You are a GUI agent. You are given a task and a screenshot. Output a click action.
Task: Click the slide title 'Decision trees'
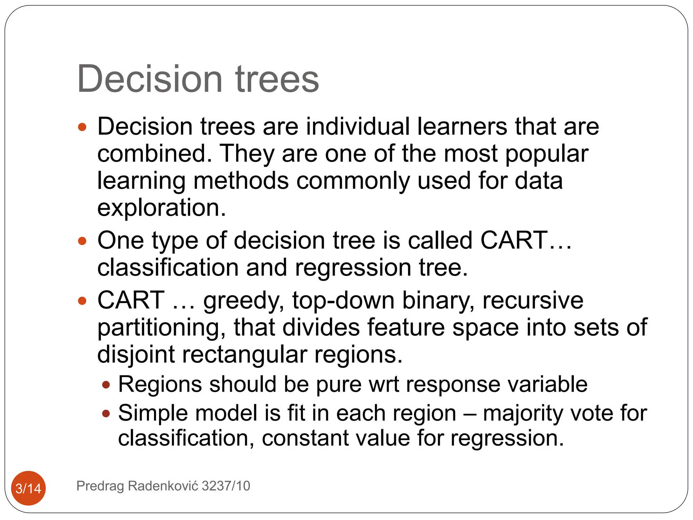click(x=198, y=79)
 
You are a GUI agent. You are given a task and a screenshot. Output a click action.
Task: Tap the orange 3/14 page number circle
click(x=28, y=488)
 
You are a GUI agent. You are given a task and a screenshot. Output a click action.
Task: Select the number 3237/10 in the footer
click(x=226, y=486)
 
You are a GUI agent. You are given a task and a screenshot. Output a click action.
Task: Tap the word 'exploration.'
click(x=161, y=208)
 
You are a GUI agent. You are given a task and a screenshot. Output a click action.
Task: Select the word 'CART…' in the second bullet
click(x=526, y=240)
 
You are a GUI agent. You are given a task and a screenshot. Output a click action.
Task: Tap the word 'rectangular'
click(x=244, y=355)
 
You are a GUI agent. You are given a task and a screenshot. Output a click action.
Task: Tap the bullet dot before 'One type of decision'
click(x=82, y=241)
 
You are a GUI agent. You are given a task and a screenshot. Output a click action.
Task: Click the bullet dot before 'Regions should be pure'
click(x=106, y=385)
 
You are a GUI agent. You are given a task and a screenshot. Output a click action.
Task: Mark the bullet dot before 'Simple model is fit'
click(x=106, y=413)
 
